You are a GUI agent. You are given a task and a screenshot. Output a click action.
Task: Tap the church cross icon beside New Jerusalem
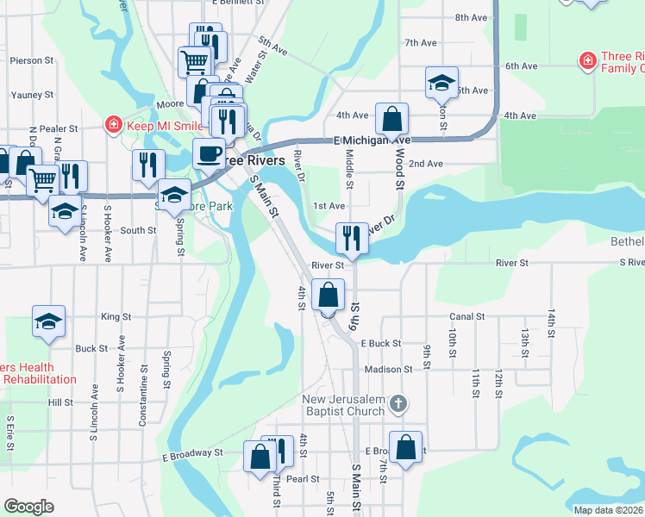[x=398, y=402]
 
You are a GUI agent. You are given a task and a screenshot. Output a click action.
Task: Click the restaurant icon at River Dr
[x=351, y=239]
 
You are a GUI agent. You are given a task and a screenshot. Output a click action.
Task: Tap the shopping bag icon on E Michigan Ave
[x=391, y=119]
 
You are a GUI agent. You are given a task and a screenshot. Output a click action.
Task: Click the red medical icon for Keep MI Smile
[x=113, y=126]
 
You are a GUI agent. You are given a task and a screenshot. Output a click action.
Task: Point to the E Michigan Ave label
[x=373, y=140]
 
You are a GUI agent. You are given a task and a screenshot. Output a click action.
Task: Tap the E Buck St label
[x=381, y=343]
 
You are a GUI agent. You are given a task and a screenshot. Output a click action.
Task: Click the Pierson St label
[x=32, y=61]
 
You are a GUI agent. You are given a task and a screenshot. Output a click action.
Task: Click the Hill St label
[x=61, y=402]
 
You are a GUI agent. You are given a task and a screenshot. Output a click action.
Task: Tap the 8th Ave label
[x=472, y=17]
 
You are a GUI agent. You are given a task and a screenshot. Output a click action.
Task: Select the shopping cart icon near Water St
[x=195, y=62]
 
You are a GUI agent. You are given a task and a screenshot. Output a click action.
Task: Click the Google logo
[x=28, y=507]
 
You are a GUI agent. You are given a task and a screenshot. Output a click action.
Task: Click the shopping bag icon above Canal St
[x=328, y=296]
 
